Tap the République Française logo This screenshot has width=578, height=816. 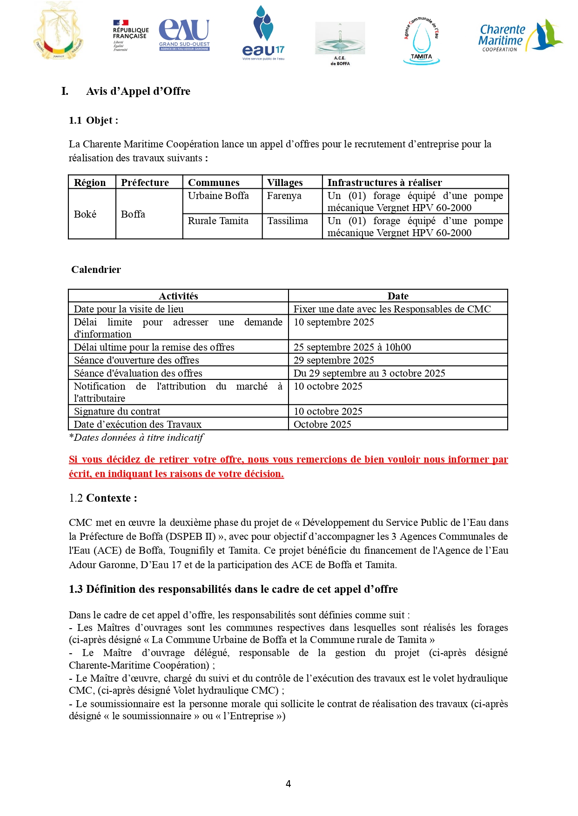130,35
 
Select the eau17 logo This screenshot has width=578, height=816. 263,33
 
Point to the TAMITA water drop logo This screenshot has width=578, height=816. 421,41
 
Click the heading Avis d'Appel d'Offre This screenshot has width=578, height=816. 138,91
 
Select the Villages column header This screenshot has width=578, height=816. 285,182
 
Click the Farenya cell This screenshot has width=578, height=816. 284,196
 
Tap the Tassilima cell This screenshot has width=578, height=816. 287,221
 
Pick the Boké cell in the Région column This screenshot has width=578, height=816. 85,214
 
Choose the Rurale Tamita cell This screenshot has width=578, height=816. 218,221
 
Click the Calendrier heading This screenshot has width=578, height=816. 96,270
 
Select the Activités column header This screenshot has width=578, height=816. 178,296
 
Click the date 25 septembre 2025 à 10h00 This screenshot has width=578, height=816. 352,347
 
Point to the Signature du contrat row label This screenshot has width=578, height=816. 117,411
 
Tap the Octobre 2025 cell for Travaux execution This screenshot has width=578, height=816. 322,425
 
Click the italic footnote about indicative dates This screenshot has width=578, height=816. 136,438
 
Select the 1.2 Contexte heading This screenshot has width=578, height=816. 103,498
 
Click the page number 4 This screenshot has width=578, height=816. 288,784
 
